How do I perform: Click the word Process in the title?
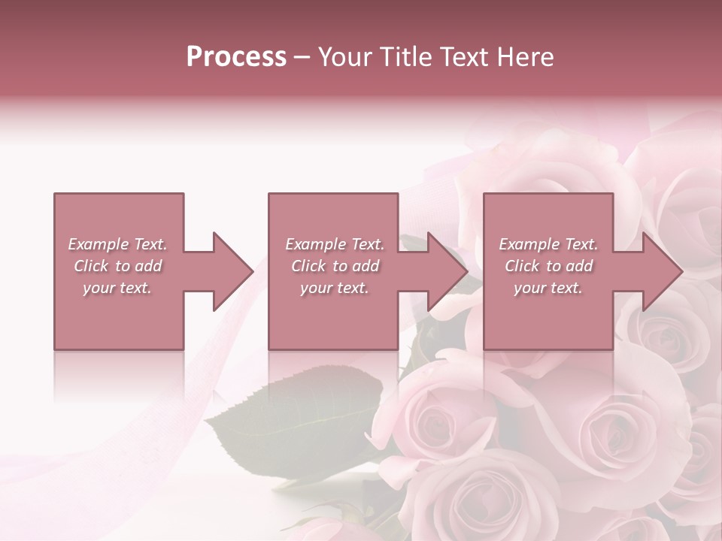236,57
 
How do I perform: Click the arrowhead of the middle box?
447,271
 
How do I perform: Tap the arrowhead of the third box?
662,271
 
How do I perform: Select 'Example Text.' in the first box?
117,244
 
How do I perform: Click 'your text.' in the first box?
117,288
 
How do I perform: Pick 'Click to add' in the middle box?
335,266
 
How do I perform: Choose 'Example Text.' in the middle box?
335,244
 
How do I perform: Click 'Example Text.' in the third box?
548,244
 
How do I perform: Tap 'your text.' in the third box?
548,288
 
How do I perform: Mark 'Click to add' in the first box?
117,266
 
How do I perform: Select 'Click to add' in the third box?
548,266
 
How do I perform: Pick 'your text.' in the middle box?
335,288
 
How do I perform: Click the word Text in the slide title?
462,57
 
